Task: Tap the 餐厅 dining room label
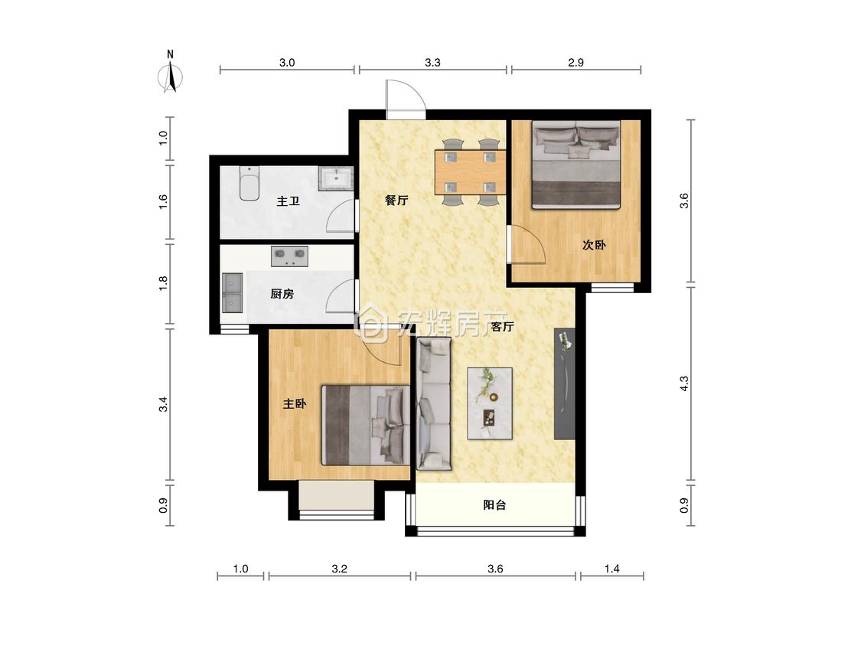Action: pyautogui.click(x=396, y=200)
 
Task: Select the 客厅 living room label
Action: pyautogui.click(x=502, y=327)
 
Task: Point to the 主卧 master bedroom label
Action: pyautogui.click(x=295, y=404)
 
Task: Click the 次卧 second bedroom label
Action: pyautogui.click(x=594, y=244)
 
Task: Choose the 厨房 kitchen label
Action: pyautogui.click(x=282, y=294)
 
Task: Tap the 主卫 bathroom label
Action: pyautogui.click(x=288, y=201)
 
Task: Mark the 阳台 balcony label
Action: pyautogui.click(x=494, y=505)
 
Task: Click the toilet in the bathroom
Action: pyautogui.click(x=249, y=184)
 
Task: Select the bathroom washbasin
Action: pyautogui.click(x=335, y=179)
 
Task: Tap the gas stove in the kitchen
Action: pyautogui.click(x=289, y=256)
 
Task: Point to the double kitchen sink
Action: pyautogui.click(x=233, y=293)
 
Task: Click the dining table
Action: pyautogui.click(x=470, y=172)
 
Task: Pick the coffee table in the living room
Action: pyautogui.click(x=490, y=403)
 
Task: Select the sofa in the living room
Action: pyautogui.click(x=434, y=404)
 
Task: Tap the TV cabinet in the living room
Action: pyautogui.click(x=564, y=383)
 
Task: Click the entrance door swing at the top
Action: pyautogui.click(x=406, y=100)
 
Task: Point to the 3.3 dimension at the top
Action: pyautogui.click(x=432, y=63)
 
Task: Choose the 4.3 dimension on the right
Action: pyautogui.click(x=683, y=383)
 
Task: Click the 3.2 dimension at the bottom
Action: pyautogui.click(x=339, y=569)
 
